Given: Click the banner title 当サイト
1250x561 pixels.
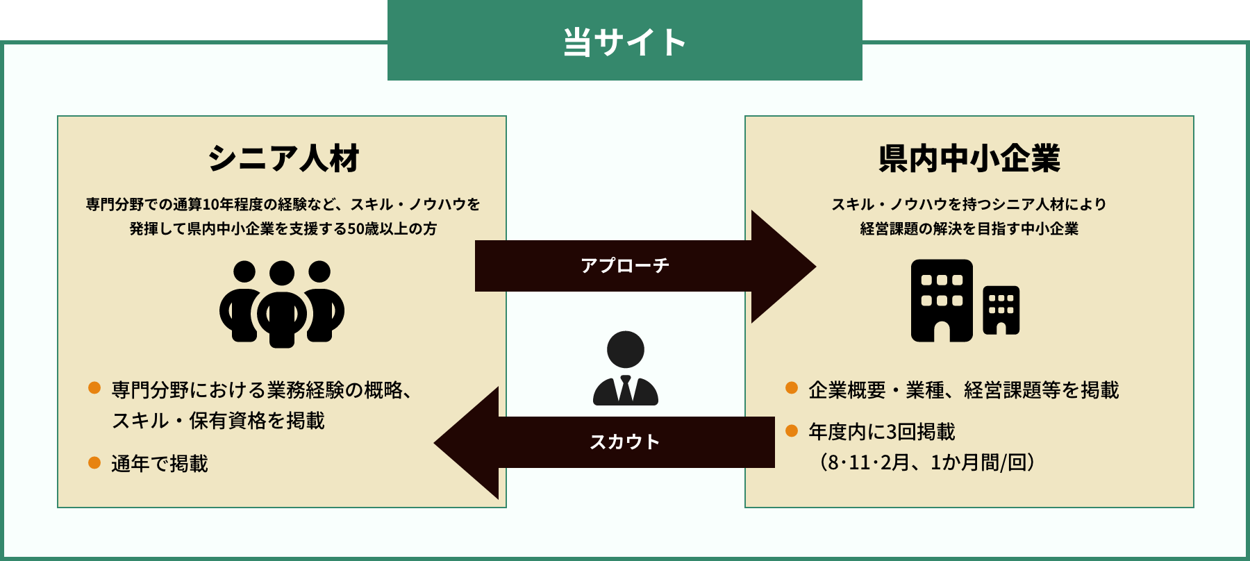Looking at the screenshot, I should (x=624, y=42).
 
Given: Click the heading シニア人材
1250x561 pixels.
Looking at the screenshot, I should (x=283, y=158).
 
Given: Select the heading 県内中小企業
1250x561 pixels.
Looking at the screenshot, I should (x=969, y=158).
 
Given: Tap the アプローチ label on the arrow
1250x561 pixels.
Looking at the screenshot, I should (x=624, y=265).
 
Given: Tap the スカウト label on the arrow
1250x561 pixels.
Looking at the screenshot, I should (x=624, y=442).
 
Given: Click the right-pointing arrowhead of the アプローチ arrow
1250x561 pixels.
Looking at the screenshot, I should (x=783, y=266).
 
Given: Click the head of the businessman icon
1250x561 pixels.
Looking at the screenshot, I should (x=625, y=349).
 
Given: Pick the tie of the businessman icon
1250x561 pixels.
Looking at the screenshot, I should (x=625, y=390).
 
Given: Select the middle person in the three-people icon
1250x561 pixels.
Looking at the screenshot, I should (x=281, y=305).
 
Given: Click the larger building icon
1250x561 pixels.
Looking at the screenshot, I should (x=942, y=300).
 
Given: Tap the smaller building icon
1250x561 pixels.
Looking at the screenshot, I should (x=1001, y=310).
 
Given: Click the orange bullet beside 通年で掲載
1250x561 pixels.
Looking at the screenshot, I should (x=94, y=462).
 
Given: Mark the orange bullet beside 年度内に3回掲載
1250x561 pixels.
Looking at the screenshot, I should (x=792, y=430).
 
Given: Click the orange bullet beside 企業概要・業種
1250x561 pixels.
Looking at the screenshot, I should (x=792, y=387).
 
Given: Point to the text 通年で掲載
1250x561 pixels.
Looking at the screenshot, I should (x=160, y=464).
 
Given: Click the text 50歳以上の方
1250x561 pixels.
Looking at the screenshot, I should (x=392, y=228).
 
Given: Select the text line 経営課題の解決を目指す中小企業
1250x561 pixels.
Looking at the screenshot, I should (x=969, y=228).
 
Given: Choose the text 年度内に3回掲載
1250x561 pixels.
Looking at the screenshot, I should (x=882, y=432).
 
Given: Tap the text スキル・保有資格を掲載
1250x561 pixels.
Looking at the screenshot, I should (x=218, y=421).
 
